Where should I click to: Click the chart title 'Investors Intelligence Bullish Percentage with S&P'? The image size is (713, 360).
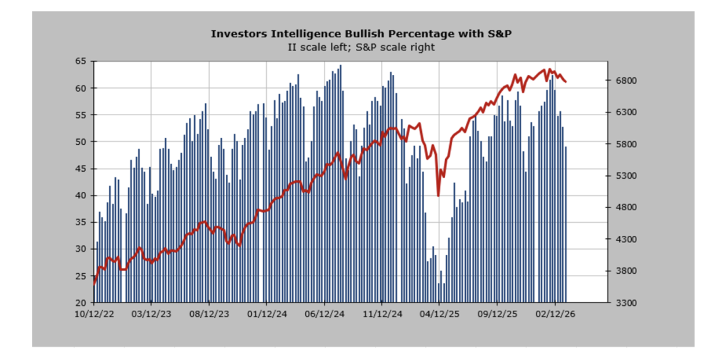click(x=361, y=33)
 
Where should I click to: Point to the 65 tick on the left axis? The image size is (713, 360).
click(x=81, y=61)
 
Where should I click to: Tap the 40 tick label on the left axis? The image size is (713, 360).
click(x=81, y=195)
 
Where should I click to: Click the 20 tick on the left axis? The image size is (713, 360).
click(x=81, y=303)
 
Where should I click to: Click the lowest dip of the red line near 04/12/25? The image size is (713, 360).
click(x=438, y=195)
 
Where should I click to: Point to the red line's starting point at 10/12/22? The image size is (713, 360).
click(x=94, y=283)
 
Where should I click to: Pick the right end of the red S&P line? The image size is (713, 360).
click(x=566, y=81)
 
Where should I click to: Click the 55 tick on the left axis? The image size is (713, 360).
click(x=81, y=115)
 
